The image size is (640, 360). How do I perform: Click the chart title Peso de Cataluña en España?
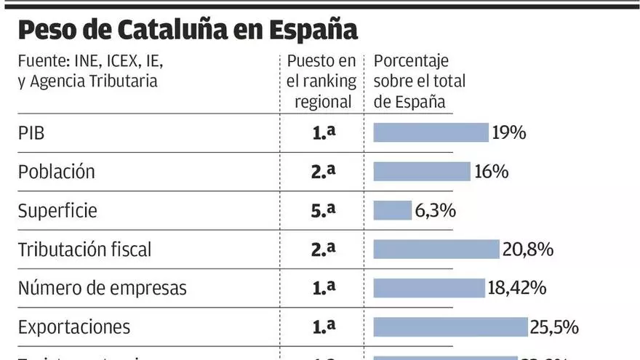coord(188,31)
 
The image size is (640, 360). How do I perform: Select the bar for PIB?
coord(431,132)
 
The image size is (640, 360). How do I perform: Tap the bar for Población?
coord(422,172)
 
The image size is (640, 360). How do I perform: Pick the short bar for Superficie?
coord(393,210)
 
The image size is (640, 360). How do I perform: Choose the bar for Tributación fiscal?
coord(436,249)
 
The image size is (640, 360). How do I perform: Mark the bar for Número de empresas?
coord(429,288)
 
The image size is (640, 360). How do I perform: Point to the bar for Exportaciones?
coord(450,327)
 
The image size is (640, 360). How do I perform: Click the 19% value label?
coord(509,132)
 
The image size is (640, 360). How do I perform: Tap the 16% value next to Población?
coord(491,172)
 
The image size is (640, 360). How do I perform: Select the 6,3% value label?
coord(435,210)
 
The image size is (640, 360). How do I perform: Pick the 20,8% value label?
coord(528,249)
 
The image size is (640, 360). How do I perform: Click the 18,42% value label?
coord(516,288)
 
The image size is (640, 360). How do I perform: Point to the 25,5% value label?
coord(554,327)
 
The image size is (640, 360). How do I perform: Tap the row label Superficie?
coord(57,211)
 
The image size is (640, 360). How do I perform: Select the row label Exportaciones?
coord(74,327)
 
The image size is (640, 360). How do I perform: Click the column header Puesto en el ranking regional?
coord(322,81)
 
